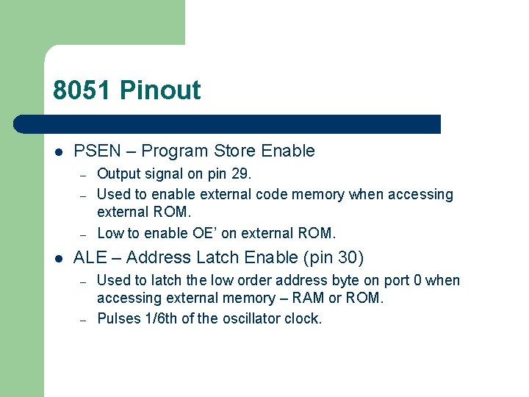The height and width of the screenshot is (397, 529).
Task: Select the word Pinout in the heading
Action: [x=160, y=90]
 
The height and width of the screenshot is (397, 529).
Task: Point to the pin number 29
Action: [x=240, y=174]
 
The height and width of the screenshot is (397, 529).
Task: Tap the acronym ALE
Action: [x=90, y=257]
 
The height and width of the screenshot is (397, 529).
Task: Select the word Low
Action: [x=109, y=233]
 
